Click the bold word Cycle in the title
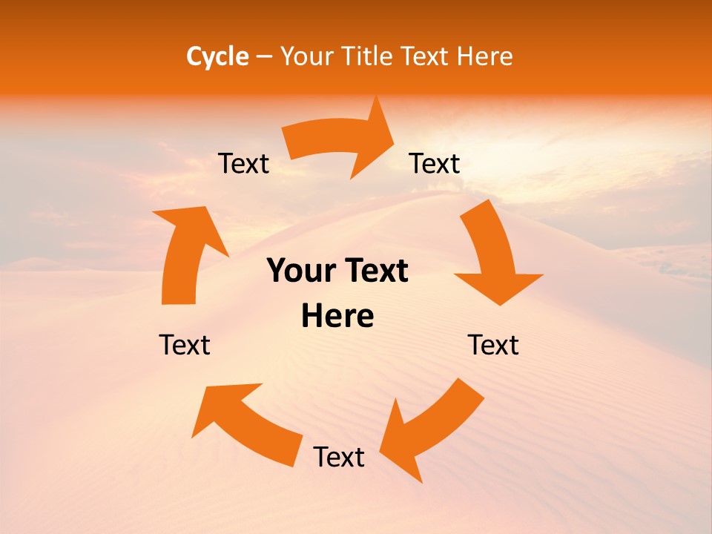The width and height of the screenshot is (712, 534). pos(217,56)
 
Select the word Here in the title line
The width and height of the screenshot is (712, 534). pos(484,56)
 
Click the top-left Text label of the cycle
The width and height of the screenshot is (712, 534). pos(243,163)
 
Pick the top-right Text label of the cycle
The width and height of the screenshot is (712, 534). pos(435,163)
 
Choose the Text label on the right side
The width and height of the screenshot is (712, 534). pos(493,345)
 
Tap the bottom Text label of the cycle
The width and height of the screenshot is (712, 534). pos(339,457)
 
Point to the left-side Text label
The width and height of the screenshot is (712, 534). pos(185,345)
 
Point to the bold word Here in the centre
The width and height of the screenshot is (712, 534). pos(337,317)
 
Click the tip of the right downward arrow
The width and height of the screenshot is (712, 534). pos(501,304)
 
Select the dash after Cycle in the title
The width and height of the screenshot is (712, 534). pos(264,57)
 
